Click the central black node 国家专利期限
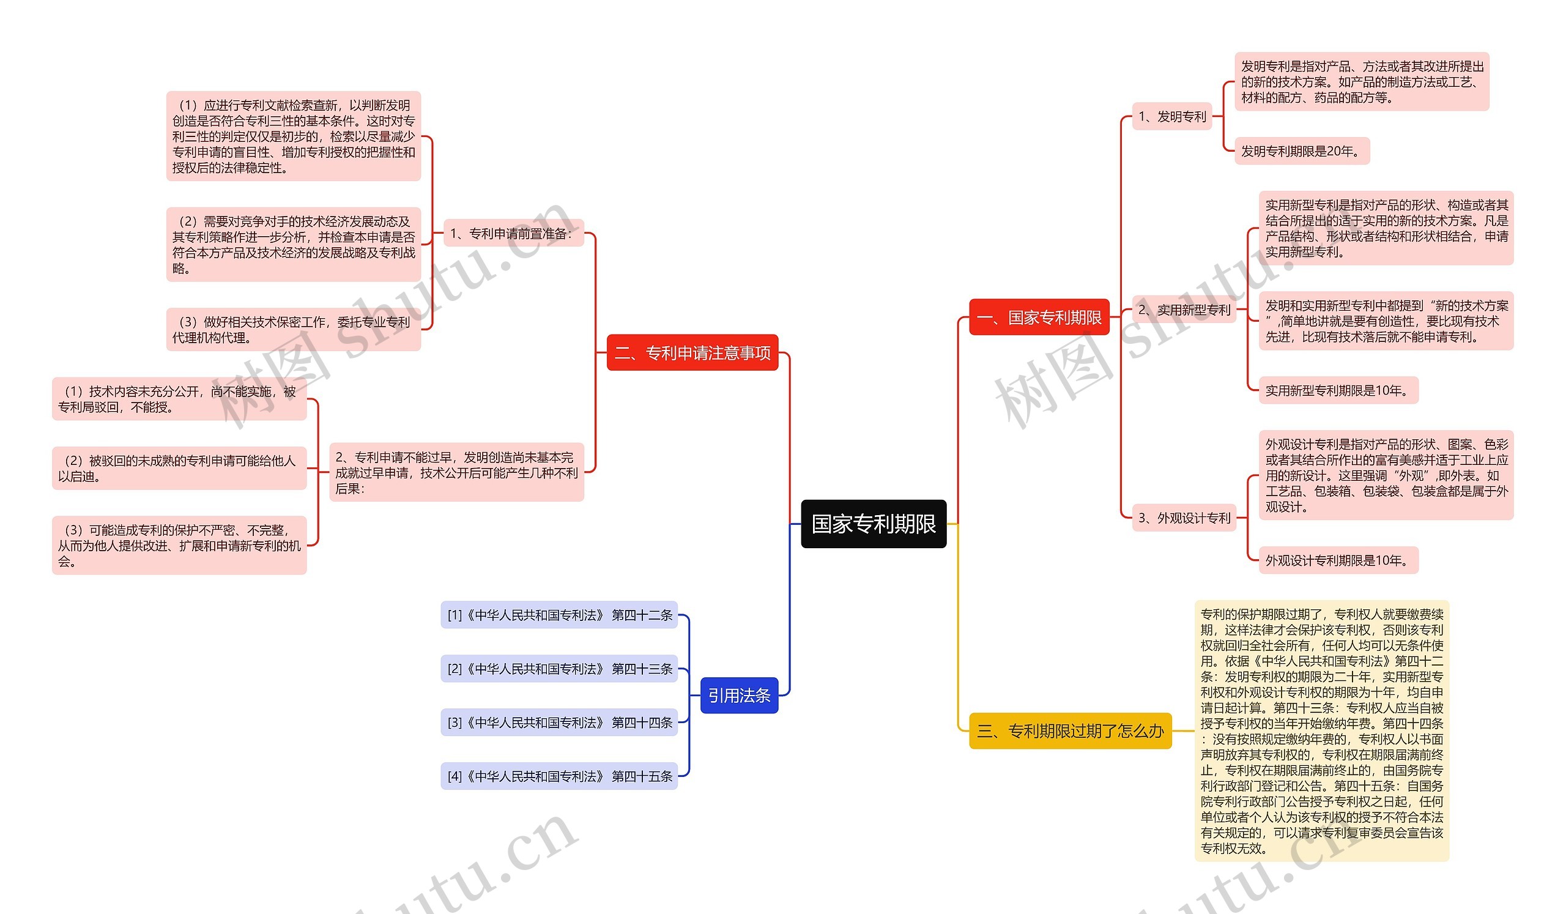click(x=873, y=524)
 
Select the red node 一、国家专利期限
click(x=1039, y=318)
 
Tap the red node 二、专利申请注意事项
click(x=692, y=353)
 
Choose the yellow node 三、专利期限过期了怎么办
click(x=1070, y=730)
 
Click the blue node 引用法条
click(x=739, y=695)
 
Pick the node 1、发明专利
click(x=1172, y=116)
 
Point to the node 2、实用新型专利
click(x=1184, y=310)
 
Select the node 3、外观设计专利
click(x=1184, y=518)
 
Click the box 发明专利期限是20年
click(x=1301, y=151)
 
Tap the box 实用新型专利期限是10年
click(x=1338, y=390)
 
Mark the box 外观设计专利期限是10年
click(x=1338, y=560)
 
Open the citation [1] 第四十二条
click(x=559, y=615)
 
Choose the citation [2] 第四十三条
click(x=559, y=669)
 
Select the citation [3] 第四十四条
click(x=559, y=723)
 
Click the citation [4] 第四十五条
click(x=559, y=776)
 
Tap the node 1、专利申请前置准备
click(x=513, y=233)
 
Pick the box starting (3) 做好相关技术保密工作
click(x=293, y=330)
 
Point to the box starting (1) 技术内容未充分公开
click(x=179, y=399)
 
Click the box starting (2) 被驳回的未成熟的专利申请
click(x=179, y=469)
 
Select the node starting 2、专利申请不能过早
click(x=456, y=472)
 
